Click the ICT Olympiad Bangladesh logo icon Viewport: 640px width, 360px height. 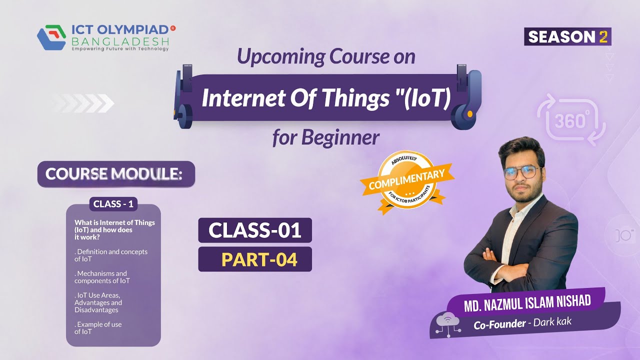pyautogui.click(x=51, y=37)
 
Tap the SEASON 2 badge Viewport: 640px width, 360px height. pyautogui.click(x=567, y=37)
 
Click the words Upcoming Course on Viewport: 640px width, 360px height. pyautogui.click(x=326, y=56)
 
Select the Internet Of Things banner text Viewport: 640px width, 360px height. pyautogui.click(x=326, y=98)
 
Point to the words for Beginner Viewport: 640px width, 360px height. pyautogui.click(x=325, y=137)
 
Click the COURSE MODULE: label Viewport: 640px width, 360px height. pyautogui.click(x=115, y=174)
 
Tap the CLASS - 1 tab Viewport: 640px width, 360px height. pyautogui.click(x=113, y=204)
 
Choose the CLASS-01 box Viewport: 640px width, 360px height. pyautogui.click(x=255, y=230)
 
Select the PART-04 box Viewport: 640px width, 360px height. pyautogui.click(x=255, y=259)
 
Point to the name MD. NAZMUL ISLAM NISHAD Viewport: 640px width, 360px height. pyautogui.click(x=527, y=302)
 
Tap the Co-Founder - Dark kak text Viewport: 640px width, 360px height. pyautogui.click(x=522, y=323)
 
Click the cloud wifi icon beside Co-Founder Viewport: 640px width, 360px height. pyautogui.click(x=447, y=322)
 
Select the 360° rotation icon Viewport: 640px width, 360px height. pyautogui.click(x=571, y=120)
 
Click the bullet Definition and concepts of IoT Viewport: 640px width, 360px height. pyautogui.click(x=111, y=255)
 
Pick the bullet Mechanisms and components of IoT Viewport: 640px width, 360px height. pyautogui.click(x=102, y=277)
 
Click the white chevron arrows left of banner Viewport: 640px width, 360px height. pyautogui.click(x=83, y=103)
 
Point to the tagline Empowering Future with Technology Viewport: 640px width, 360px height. pyautogui.click(x=120, y=49)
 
